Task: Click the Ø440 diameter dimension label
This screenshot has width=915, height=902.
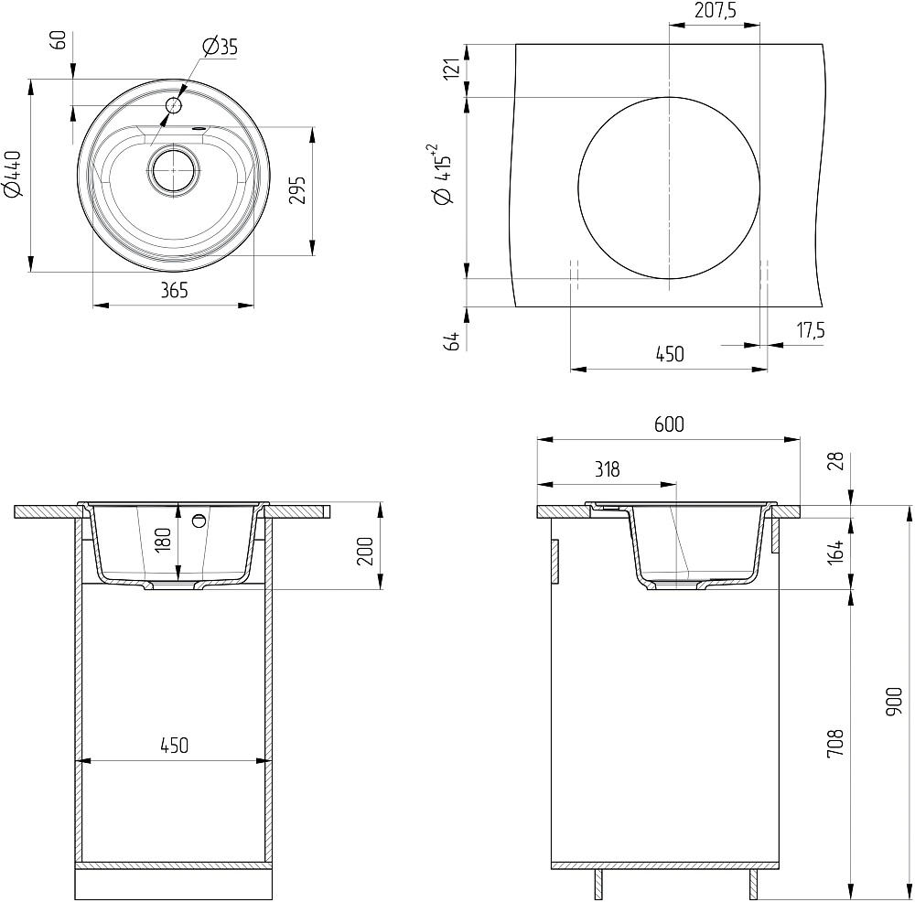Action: click(x=13, y=174)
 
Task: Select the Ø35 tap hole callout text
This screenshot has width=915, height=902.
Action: click(x=220, y=46)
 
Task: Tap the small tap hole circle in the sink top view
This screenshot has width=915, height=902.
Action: click(x=174, y=105)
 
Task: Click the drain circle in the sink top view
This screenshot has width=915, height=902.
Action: click(x=173, y=170)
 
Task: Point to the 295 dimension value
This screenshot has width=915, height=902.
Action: click(x=297, y=189)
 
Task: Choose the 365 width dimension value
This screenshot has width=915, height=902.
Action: click(x=174, y=290)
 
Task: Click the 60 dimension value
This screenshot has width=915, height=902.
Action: click(x=60, y=41)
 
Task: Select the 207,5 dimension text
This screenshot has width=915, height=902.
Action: click(x=715, y=10)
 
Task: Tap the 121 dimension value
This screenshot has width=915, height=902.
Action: click(x=452, y=69)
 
